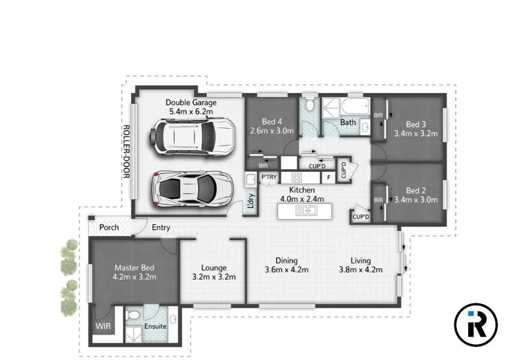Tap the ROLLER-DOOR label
127,152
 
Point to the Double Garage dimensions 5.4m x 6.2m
192,111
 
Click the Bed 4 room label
271,122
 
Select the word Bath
348,122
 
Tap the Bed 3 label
416,124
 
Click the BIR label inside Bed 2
378,200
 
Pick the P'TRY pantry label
269,177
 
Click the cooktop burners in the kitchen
296,177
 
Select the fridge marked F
328,177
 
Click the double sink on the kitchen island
306,212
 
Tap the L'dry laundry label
250,201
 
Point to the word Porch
109,227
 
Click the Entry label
161,228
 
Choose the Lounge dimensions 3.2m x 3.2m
213,277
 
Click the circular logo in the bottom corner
476,325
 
